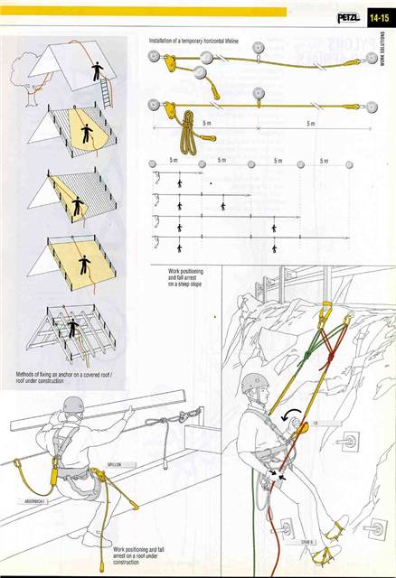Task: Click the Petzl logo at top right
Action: point(348,14)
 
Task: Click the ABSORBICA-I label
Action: point(30,499)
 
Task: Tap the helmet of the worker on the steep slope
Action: point(256,384)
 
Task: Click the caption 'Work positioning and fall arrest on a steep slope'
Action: point(187,276)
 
